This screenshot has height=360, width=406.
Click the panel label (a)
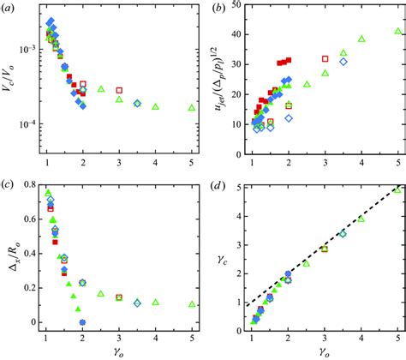coord(11,8)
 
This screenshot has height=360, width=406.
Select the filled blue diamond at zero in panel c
coord(82,322)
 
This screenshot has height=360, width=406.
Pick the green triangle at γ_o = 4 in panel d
coord(361,219)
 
